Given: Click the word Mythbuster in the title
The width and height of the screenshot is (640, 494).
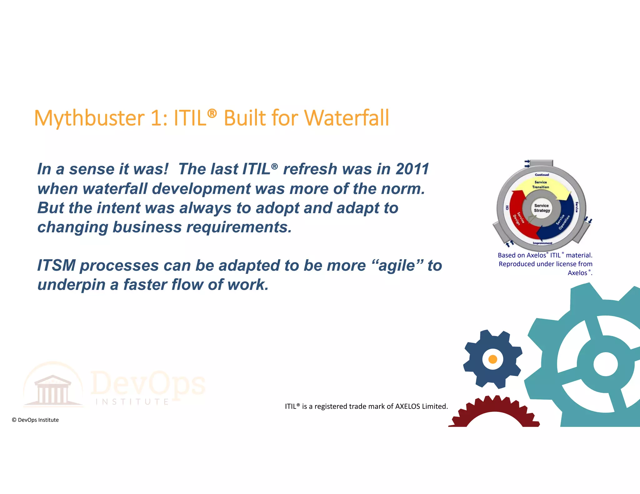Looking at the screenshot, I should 89,118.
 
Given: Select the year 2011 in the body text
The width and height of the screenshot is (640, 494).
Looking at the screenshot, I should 412,169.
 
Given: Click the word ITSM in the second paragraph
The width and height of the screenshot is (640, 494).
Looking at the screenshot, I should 56,266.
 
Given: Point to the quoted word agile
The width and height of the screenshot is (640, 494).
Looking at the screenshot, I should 397,266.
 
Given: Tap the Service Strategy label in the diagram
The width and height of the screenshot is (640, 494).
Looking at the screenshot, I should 542,208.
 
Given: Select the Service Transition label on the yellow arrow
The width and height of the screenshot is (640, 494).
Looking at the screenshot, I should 541,185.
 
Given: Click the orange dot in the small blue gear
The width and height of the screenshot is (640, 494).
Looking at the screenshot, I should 492,359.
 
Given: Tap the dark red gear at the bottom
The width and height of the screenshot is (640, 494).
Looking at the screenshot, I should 494,409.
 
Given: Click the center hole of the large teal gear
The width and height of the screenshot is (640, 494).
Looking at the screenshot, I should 605,364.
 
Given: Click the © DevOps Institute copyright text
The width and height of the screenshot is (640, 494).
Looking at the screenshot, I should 35,420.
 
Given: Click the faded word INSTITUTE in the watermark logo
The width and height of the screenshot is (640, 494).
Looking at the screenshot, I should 132,402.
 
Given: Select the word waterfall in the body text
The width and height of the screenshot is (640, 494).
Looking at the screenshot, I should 115,189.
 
